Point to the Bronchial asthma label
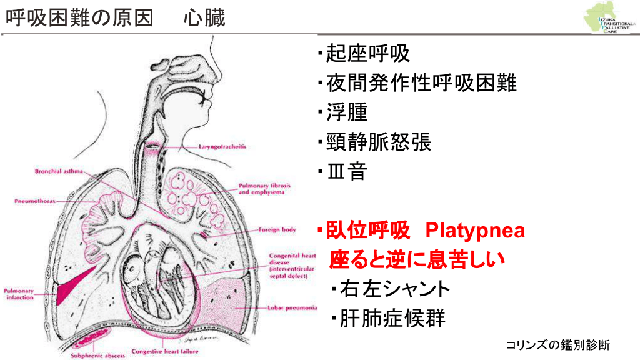pyautogui.click(x=58, y=170)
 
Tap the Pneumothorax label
pyautogui.click(x=36, y=202)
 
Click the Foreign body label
pyautogui.click(x=277, y=229)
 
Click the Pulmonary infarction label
pyautogui.click(x=20, y=294)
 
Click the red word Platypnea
pyautogui.click(x=475, y=231)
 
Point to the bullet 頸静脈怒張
pyautogui.click(x=378, y=142)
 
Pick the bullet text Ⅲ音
pyautogui.click(x=346, y=172)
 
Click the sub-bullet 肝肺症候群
pyautogui.click(x=392, y=319)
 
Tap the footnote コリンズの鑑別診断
pyautogui.click(x=557, y=344)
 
